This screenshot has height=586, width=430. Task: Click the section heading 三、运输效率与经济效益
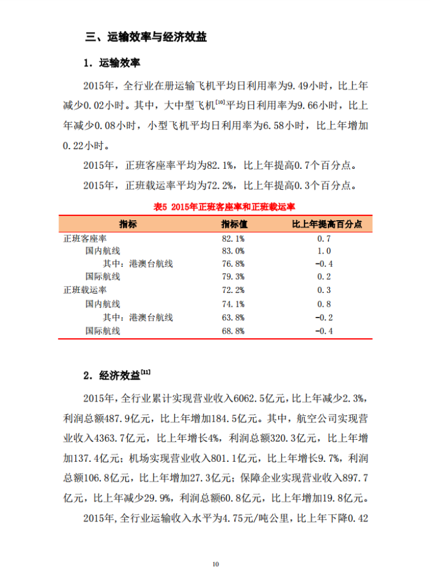pyautogui.click(x=146, y=37)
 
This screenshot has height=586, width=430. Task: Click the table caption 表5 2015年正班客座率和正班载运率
pyautogui.click(x=215, y=206)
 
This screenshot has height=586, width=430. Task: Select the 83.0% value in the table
pyautogui.click(x=233, y=251)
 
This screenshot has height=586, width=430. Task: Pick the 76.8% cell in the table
pyautogui.click(x=233, y=264)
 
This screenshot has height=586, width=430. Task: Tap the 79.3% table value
pyautogui.click(x=233, y=277)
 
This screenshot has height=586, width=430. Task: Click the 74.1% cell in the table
pyautogui.click(x=233, y=304)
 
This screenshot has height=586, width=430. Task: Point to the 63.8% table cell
pyautogui.click(x=233, y=317)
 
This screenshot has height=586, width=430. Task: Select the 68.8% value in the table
pyautogui.click(x=233, y=330)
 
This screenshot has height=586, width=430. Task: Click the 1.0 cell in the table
pyautogui.click(x=324, y=251)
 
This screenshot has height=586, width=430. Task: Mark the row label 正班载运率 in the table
pyautogui.click(x=85, y=291)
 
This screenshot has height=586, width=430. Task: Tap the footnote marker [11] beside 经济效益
pyautogui.click(x=146, y=372)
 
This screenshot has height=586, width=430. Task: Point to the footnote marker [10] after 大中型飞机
pyautogui.click(x=219, y=102)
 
